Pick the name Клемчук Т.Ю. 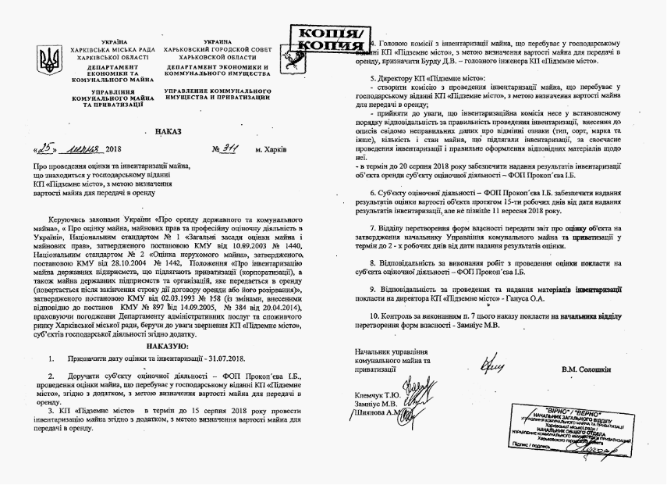[377, 394]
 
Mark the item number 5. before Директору [373, 80]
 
